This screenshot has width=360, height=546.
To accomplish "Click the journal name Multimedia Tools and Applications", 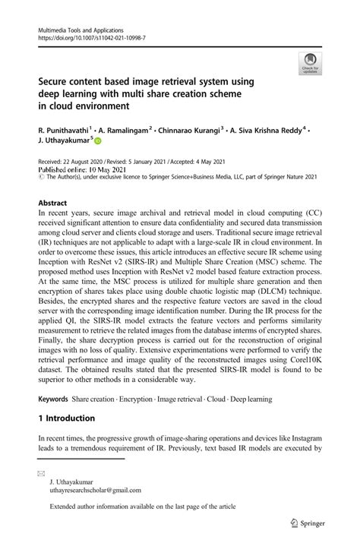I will [82, 29].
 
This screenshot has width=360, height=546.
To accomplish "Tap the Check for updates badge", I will [310, 65].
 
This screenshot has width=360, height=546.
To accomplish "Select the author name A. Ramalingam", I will [125, 130].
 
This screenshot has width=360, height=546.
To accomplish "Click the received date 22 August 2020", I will [87, 163].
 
